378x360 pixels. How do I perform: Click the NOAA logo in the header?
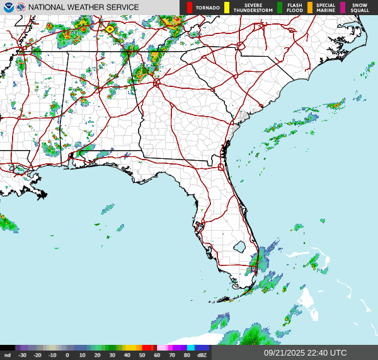tap(7, 7)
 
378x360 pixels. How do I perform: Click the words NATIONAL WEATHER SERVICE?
tap(83, 8)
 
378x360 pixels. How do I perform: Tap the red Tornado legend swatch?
tap(189, 8)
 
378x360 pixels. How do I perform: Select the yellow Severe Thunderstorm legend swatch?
tap(227, 8)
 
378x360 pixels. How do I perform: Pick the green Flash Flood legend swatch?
tap(280, 8)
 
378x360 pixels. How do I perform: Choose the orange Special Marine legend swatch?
tap(310, 8)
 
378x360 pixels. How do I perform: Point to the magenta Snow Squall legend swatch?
tap(343, 8)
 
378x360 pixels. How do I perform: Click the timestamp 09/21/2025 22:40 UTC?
tap(305, 353)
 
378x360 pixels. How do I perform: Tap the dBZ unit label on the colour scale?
tap(202, 356)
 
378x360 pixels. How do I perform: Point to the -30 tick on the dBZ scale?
tap(23, 356)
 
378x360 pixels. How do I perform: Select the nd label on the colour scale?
tap(7, 356)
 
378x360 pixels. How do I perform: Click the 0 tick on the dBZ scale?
tap(67, 356)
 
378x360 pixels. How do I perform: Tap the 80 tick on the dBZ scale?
tap(187, 356)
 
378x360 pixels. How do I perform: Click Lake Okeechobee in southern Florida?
tap(239, 245)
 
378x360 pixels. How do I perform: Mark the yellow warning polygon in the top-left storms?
tap(110, 28)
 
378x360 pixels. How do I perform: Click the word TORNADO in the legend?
tap(208, 8)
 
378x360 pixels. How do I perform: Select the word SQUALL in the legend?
tap(360, 10)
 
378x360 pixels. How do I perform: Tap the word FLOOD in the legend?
tap(295, 10)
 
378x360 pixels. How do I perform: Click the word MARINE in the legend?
tap(326, 10)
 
